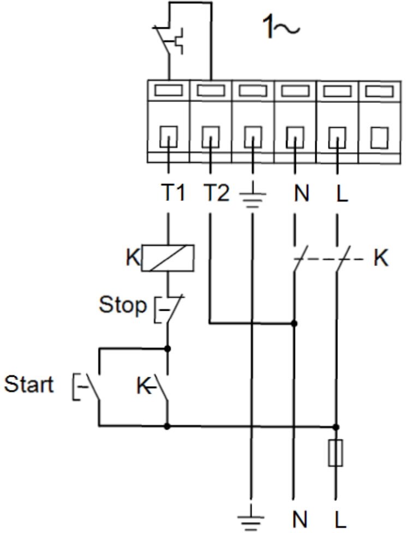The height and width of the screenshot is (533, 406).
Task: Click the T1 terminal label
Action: (x=173, y=192)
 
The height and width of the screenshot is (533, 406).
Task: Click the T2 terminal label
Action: (x=217, y=192)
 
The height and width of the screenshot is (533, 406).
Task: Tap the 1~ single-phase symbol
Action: (x=281, y=27)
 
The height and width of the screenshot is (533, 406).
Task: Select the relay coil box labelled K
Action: (x=168, y=258)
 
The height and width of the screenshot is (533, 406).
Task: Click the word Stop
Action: (x=123, y=305)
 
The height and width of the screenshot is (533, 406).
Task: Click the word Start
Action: (x=29, y=384)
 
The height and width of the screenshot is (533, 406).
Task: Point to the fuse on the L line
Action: (x=336, y=453)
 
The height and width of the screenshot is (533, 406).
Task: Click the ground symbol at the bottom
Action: (x=250, y=519)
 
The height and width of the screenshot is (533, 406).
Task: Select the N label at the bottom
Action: (x=300, y=519)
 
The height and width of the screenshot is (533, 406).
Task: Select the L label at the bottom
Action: (x=340, y=519)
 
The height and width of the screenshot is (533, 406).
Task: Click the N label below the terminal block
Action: (x=302, y=193)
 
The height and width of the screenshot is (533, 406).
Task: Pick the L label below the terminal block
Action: (x=342, y=193)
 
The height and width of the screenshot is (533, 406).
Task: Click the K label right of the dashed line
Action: (x=381, y=258)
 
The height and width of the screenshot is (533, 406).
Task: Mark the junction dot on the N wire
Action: (x=294, y=323)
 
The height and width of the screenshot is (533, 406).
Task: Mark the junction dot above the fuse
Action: (x=336, y=427)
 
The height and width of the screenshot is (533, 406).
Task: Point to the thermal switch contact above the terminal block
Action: (x=169, y=39)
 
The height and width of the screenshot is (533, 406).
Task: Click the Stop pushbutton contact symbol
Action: (x=169, y=309)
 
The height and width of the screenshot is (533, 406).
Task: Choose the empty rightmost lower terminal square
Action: (x=379, y=137)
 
